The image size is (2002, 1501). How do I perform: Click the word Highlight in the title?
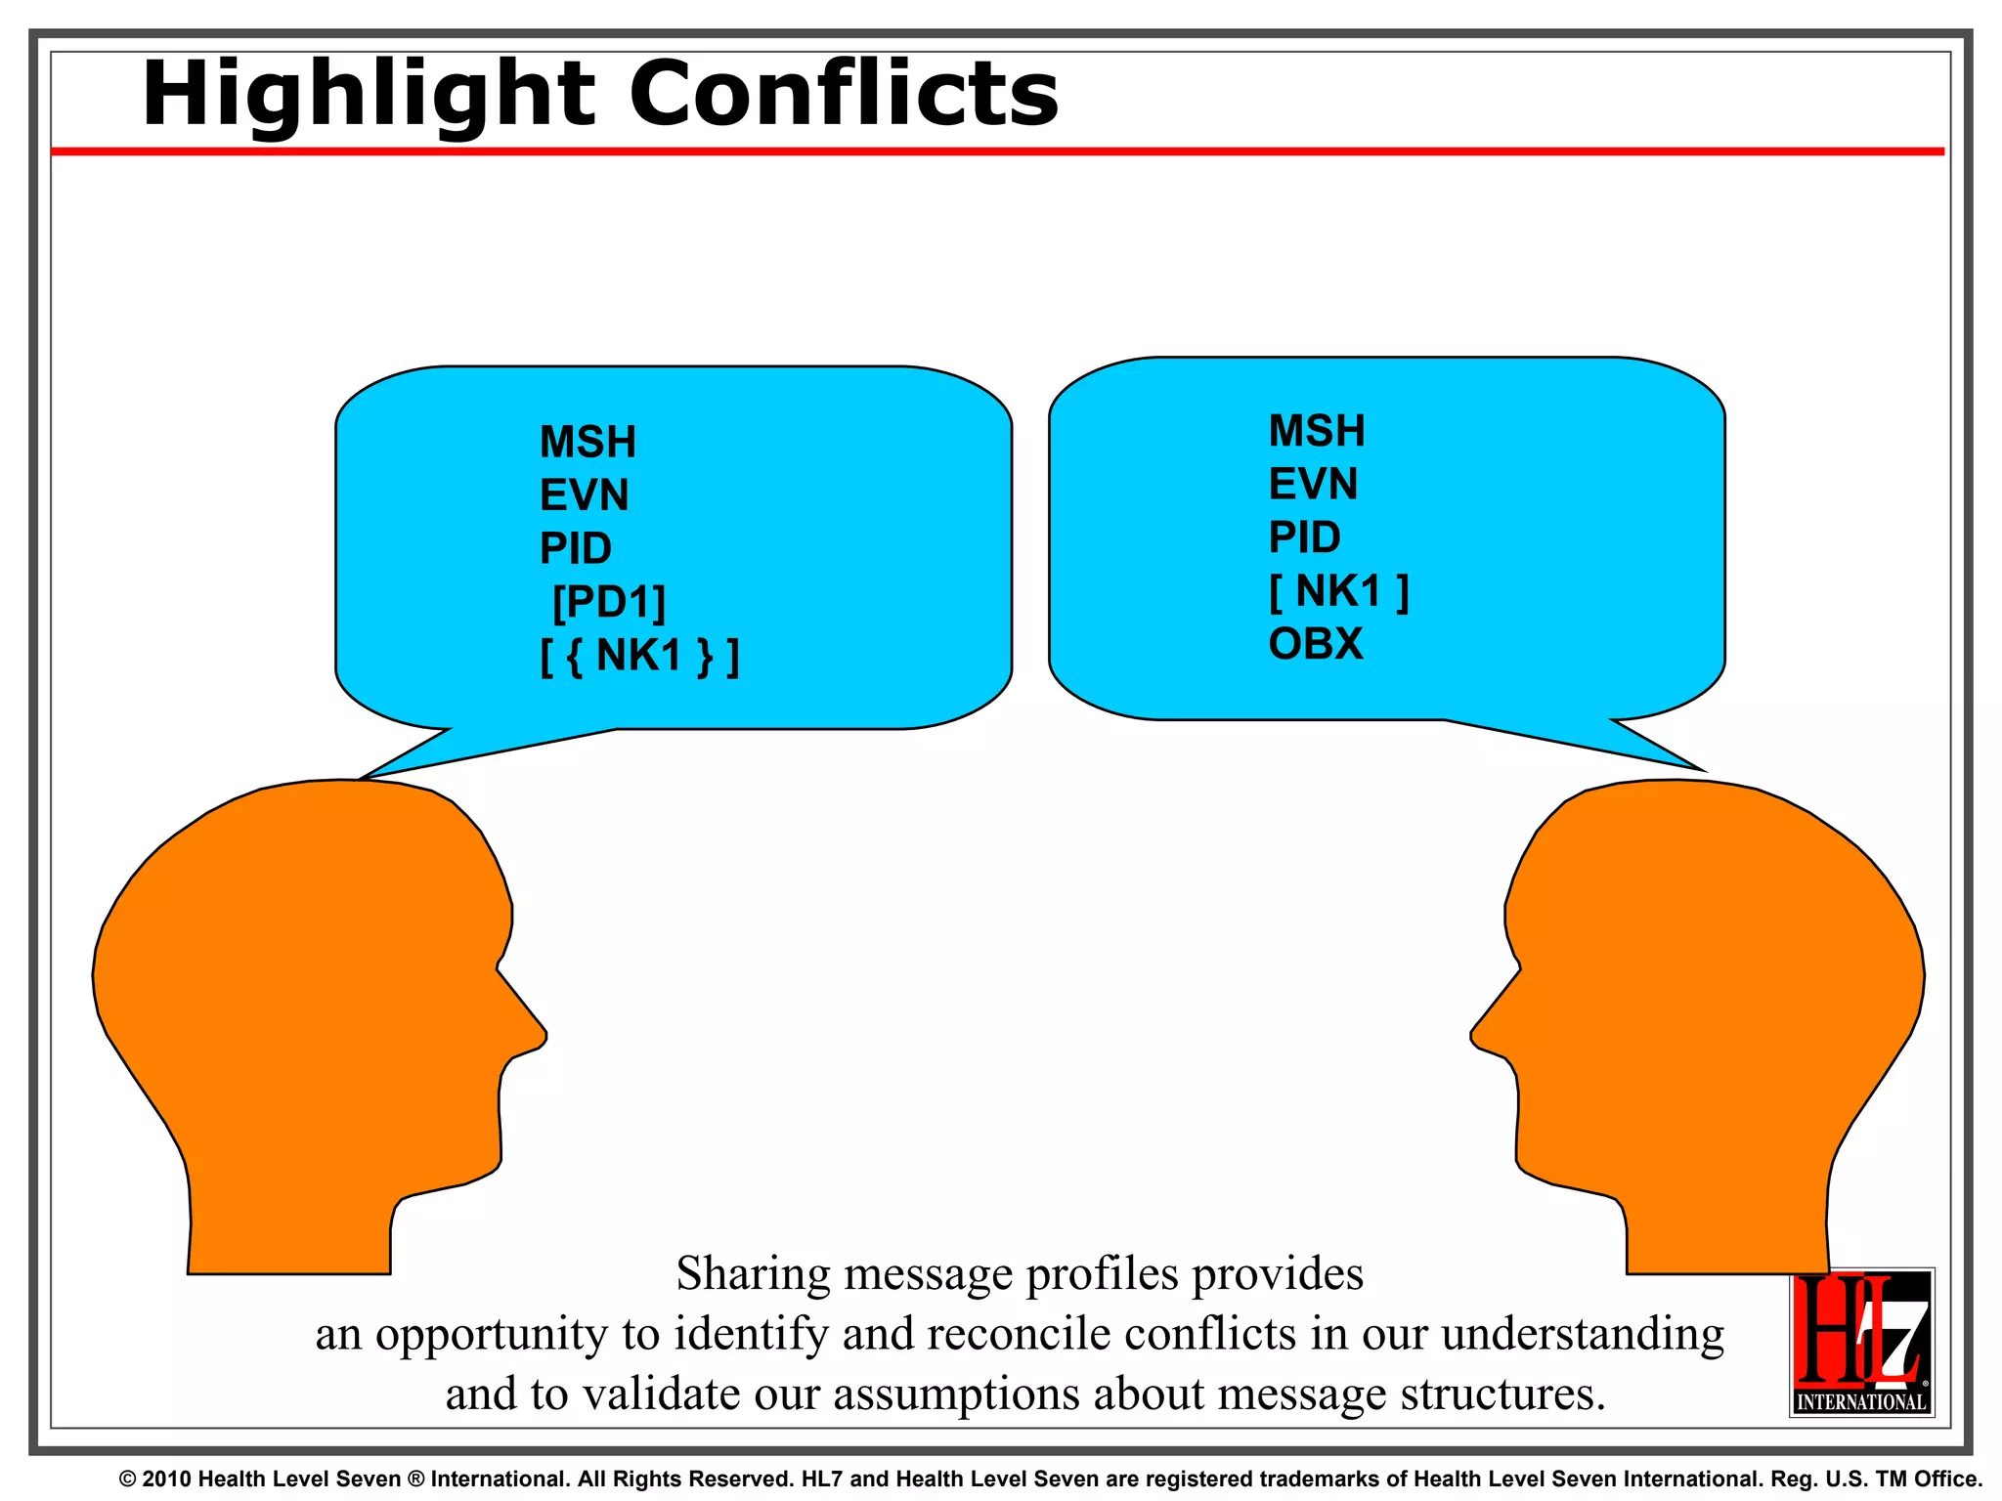pos(368,95)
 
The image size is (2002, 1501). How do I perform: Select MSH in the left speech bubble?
pos(588,442)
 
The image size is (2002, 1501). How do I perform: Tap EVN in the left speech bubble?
pos(584,495)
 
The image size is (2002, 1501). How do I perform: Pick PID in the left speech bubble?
pos(575,548)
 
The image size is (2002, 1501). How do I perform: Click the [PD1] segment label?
pos(608,602)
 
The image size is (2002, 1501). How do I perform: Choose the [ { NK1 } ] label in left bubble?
pos(639,656)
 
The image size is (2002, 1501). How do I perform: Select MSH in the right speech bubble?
pos(1316,431)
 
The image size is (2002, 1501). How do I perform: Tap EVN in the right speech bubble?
pos(1313,484)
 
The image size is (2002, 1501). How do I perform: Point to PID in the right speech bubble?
pos(1304,537)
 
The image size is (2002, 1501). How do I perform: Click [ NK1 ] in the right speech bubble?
pos(1338,591)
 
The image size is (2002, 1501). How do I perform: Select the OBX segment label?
pos(1315,644)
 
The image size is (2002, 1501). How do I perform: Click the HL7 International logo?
pos(1861,1342)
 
